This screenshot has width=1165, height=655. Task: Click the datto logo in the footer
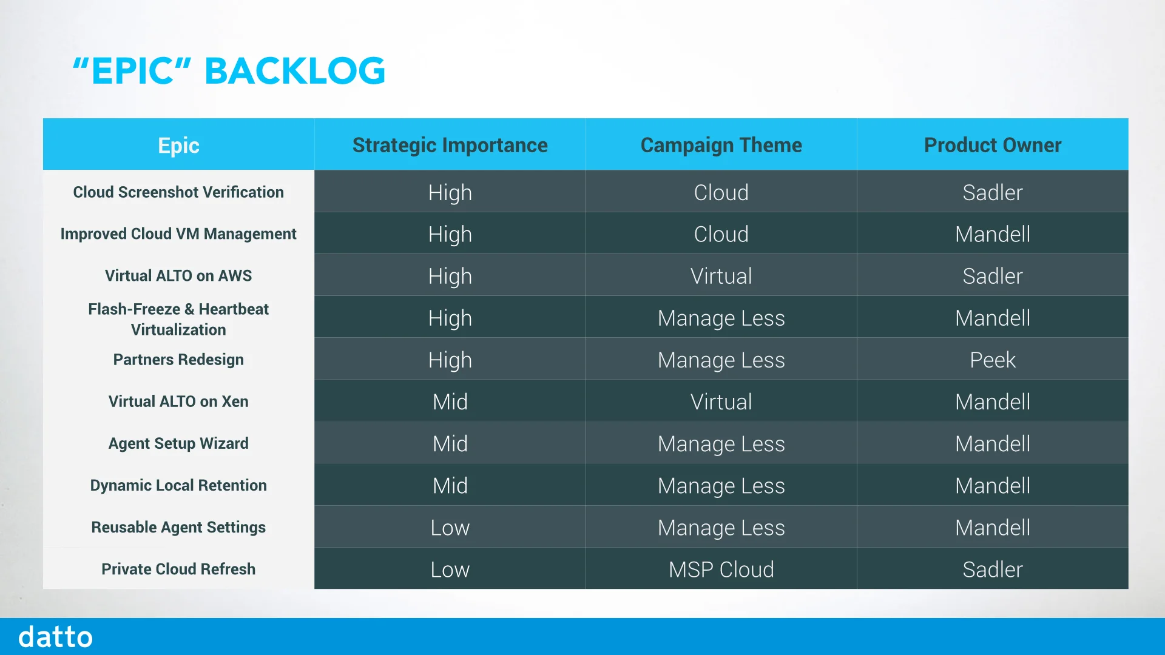pyautogui.click(x=55, y=637)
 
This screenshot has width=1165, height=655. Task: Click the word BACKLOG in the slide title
pyautogui.click(x=295, y=71)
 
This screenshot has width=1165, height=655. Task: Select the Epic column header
pyautogui.click(x=178, y=146)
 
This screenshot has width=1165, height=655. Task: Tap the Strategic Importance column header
pyautogui.click(x=450, y=146)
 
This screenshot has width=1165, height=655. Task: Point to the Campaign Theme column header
pyautogui.click(x=721, y=146)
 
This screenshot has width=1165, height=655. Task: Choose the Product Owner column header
pyautogui.click(x=992, y=146)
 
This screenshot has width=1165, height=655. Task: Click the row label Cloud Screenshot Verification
pyautogui.click(x=178, y=192)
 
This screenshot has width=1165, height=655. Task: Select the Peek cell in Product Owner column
pyautogui.click(x=992, y=360)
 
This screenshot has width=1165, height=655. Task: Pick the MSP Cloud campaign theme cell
pyautogui.click(x=721, y=569)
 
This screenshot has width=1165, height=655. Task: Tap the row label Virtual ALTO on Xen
pyautogui.click(x=178, y=401)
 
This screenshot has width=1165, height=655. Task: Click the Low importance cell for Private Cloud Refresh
pyautogui.click(x=450, y=569)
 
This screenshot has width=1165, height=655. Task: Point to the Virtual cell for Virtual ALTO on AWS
pyautogui.click(x=721, y=276)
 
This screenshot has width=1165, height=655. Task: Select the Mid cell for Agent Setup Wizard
pyautogui.click(x=450, y=443)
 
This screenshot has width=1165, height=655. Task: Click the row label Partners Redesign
pyautogui.click(x=178, y=360)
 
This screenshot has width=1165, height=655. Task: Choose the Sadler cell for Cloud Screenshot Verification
pyautogui.click(x=992, y=192)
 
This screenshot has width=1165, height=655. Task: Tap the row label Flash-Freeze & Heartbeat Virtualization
pyautogui.click(x=178, y=319)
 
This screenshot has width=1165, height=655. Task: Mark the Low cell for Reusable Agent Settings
pyautogui.click(x=450, y=528)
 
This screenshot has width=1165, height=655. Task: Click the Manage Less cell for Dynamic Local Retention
pyautogui.click(x=721, y=486)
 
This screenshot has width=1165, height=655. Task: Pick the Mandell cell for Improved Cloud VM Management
pyautogui.click(x=992, y=234)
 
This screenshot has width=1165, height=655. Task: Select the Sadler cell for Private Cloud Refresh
pyautogui.click(x=992, y=569)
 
